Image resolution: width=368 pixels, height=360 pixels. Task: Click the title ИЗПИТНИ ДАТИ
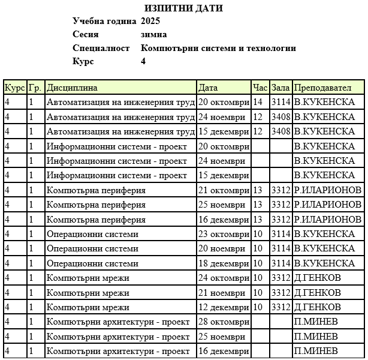[183, 8]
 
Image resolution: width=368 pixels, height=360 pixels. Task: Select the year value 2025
[150, 21]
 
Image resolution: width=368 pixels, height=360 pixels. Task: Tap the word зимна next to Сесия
[153, 34]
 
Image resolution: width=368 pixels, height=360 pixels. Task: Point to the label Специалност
[101, 48]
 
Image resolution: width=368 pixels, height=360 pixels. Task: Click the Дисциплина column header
[72, 88]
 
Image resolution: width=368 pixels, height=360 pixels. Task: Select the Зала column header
[280, 88]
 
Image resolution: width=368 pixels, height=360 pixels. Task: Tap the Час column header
[260, 88]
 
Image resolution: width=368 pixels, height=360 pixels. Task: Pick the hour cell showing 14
[258, 102]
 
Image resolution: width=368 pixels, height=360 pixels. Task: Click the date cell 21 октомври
[224, 190]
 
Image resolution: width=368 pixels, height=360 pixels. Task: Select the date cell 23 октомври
[224, 234]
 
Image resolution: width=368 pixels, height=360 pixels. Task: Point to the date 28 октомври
[224, 322]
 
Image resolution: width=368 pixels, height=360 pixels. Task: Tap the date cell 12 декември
[224, 307]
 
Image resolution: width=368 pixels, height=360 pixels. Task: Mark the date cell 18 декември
[224, 263]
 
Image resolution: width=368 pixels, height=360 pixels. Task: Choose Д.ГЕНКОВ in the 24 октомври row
[318, 278]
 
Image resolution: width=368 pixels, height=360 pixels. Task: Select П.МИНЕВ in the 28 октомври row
[316, 322]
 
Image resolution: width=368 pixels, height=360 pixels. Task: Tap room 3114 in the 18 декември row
[280, 263]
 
